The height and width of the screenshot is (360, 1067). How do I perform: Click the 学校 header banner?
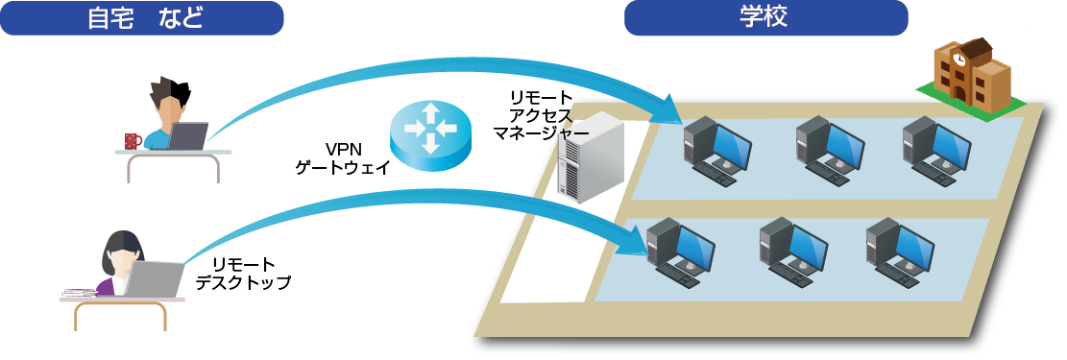coord(765,17)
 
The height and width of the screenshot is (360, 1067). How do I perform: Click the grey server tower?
coord(590,158)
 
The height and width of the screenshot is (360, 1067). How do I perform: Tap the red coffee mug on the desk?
coord(133,141)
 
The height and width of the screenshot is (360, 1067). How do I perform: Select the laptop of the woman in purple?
coord(155,279)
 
